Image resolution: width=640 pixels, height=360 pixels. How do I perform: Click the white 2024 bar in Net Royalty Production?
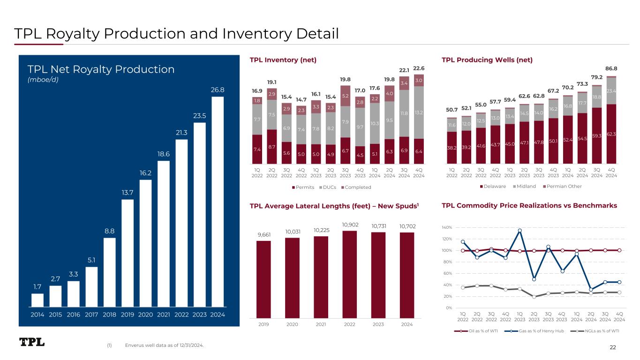pos(218,202)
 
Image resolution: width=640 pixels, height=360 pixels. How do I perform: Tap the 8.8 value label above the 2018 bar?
pos(109,231)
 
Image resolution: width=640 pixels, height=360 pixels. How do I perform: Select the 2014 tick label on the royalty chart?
pos(38,315)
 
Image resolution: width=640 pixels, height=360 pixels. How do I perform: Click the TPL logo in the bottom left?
pos(32,342)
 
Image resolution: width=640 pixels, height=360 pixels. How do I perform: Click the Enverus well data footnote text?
pos(164,345)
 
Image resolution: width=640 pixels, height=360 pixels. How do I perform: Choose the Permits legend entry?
pos(304,187)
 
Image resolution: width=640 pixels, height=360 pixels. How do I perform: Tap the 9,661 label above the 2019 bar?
pos(264,235)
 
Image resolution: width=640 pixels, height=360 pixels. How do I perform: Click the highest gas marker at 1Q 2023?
pos(520,231)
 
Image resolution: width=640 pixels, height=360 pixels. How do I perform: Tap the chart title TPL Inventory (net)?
pos(283,60)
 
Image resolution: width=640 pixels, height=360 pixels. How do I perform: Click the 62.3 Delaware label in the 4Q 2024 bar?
pos(611,134)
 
